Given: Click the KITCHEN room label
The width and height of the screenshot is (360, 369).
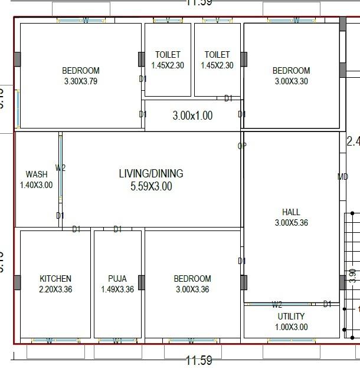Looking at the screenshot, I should [x=55, y=279].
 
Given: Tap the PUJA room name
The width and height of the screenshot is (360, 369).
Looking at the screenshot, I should [x=117, y=279].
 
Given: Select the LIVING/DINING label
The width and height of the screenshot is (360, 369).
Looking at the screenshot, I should [x=151, y=174].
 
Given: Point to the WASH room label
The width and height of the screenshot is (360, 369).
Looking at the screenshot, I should [x=37, y=174].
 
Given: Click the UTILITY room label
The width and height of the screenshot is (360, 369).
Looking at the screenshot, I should [x=291, y=317].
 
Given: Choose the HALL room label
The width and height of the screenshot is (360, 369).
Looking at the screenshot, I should [x=291, y=212].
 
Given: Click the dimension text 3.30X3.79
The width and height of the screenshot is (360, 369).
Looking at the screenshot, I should [x=81, y=81].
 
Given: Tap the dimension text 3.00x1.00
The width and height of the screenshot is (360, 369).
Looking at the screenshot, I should [x=192, y=116].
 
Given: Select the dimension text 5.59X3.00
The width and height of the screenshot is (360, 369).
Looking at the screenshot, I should [x=151, y=187].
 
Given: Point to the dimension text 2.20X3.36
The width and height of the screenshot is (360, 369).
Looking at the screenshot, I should [x=55, y=289].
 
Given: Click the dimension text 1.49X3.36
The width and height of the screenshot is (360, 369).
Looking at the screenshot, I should [x=117, y=289].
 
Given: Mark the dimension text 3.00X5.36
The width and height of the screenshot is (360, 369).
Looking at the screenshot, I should [x=291, y=223].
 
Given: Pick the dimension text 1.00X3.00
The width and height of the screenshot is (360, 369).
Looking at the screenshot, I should [x=291, y=327].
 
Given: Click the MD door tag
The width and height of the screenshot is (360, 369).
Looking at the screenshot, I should [x=343, y=177].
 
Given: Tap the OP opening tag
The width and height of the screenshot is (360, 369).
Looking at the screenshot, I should [x=242, y=146].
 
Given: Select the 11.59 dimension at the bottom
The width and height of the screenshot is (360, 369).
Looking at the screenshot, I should [x=198, y=360].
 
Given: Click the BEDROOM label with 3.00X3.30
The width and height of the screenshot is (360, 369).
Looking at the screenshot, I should [x=291, y=71].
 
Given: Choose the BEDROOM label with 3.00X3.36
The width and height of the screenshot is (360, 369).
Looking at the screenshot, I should [x=192, y=279].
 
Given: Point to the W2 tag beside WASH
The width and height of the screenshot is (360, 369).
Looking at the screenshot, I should [x=61, y=168].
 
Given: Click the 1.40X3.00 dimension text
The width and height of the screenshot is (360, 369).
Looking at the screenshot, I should [x=37, y=185].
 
